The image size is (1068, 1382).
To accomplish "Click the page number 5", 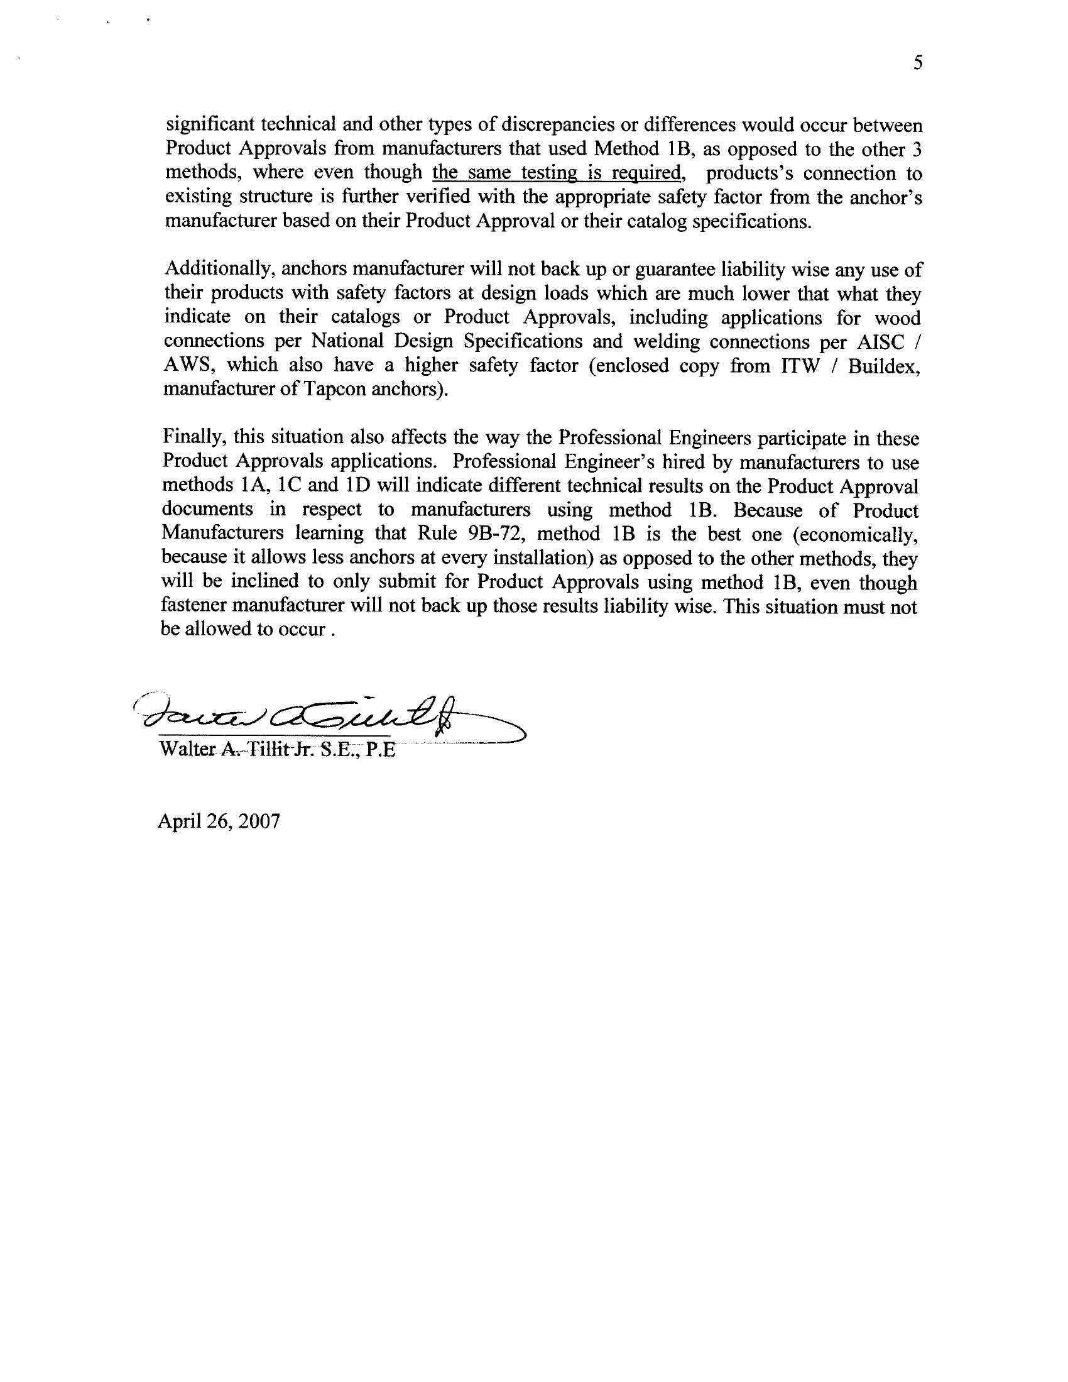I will [918, 63].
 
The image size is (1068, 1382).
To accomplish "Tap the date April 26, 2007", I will [218, 821].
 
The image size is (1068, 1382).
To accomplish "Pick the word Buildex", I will [883, 366].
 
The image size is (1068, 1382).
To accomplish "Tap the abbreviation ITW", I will [800, 366].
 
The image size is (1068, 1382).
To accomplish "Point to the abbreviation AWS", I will [188, 365].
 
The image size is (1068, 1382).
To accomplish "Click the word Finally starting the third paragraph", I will [193, 437].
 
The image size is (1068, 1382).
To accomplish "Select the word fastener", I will [191, 606].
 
